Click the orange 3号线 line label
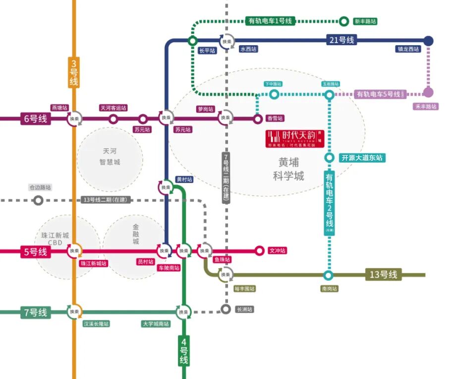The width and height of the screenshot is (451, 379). coord(74,73)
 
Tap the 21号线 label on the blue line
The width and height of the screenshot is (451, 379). coord(341,40)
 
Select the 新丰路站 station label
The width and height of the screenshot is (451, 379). coord(365,21)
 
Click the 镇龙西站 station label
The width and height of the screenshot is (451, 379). coord(408,49)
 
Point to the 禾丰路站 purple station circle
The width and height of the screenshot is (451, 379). coord(428,92)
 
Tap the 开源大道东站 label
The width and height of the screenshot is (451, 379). coord(362,158)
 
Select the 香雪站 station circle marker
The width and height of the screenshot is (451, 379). coord(258,119)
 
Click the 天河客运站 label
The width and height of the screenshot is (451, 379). coord(113,108)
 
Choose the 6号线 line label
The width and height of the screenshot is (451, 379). coord(35,119)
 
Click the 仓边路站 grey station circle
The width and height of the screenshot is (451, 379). coord(38,200)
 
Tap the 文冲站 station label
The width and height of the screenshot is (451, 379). coord(277,251)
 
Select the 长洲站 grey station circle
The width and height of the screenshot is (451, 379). coord(225,310)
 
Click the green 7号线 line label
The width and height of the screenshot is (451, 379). coord(35,312)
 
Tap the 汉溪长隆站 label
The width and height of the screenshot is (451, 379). coord(96,323)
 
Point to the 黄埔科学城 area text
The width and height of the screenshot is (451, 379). coord(288,169)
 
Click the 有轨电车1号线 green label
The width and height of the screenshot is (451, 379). coord(270,21)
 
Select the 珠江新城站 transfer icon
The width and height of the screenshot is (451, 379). coord(74,251)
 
